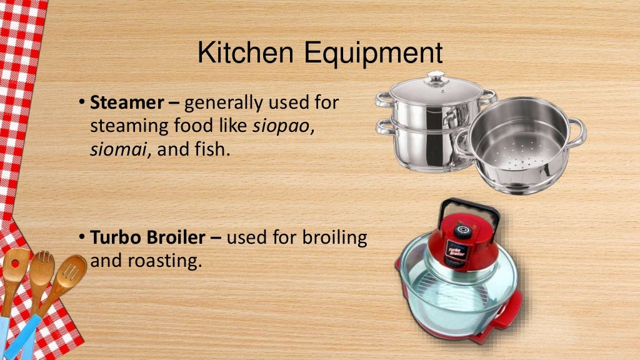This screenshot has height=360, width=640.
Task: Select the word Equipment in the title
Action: point(372,53)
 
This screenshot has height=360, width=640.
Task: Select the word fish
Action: point(214,150)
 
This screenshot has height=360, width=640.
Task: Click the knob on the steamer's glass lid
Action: point(435,77)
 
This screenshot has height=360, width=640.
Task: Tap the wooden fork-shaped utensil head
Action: point(42,266)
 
